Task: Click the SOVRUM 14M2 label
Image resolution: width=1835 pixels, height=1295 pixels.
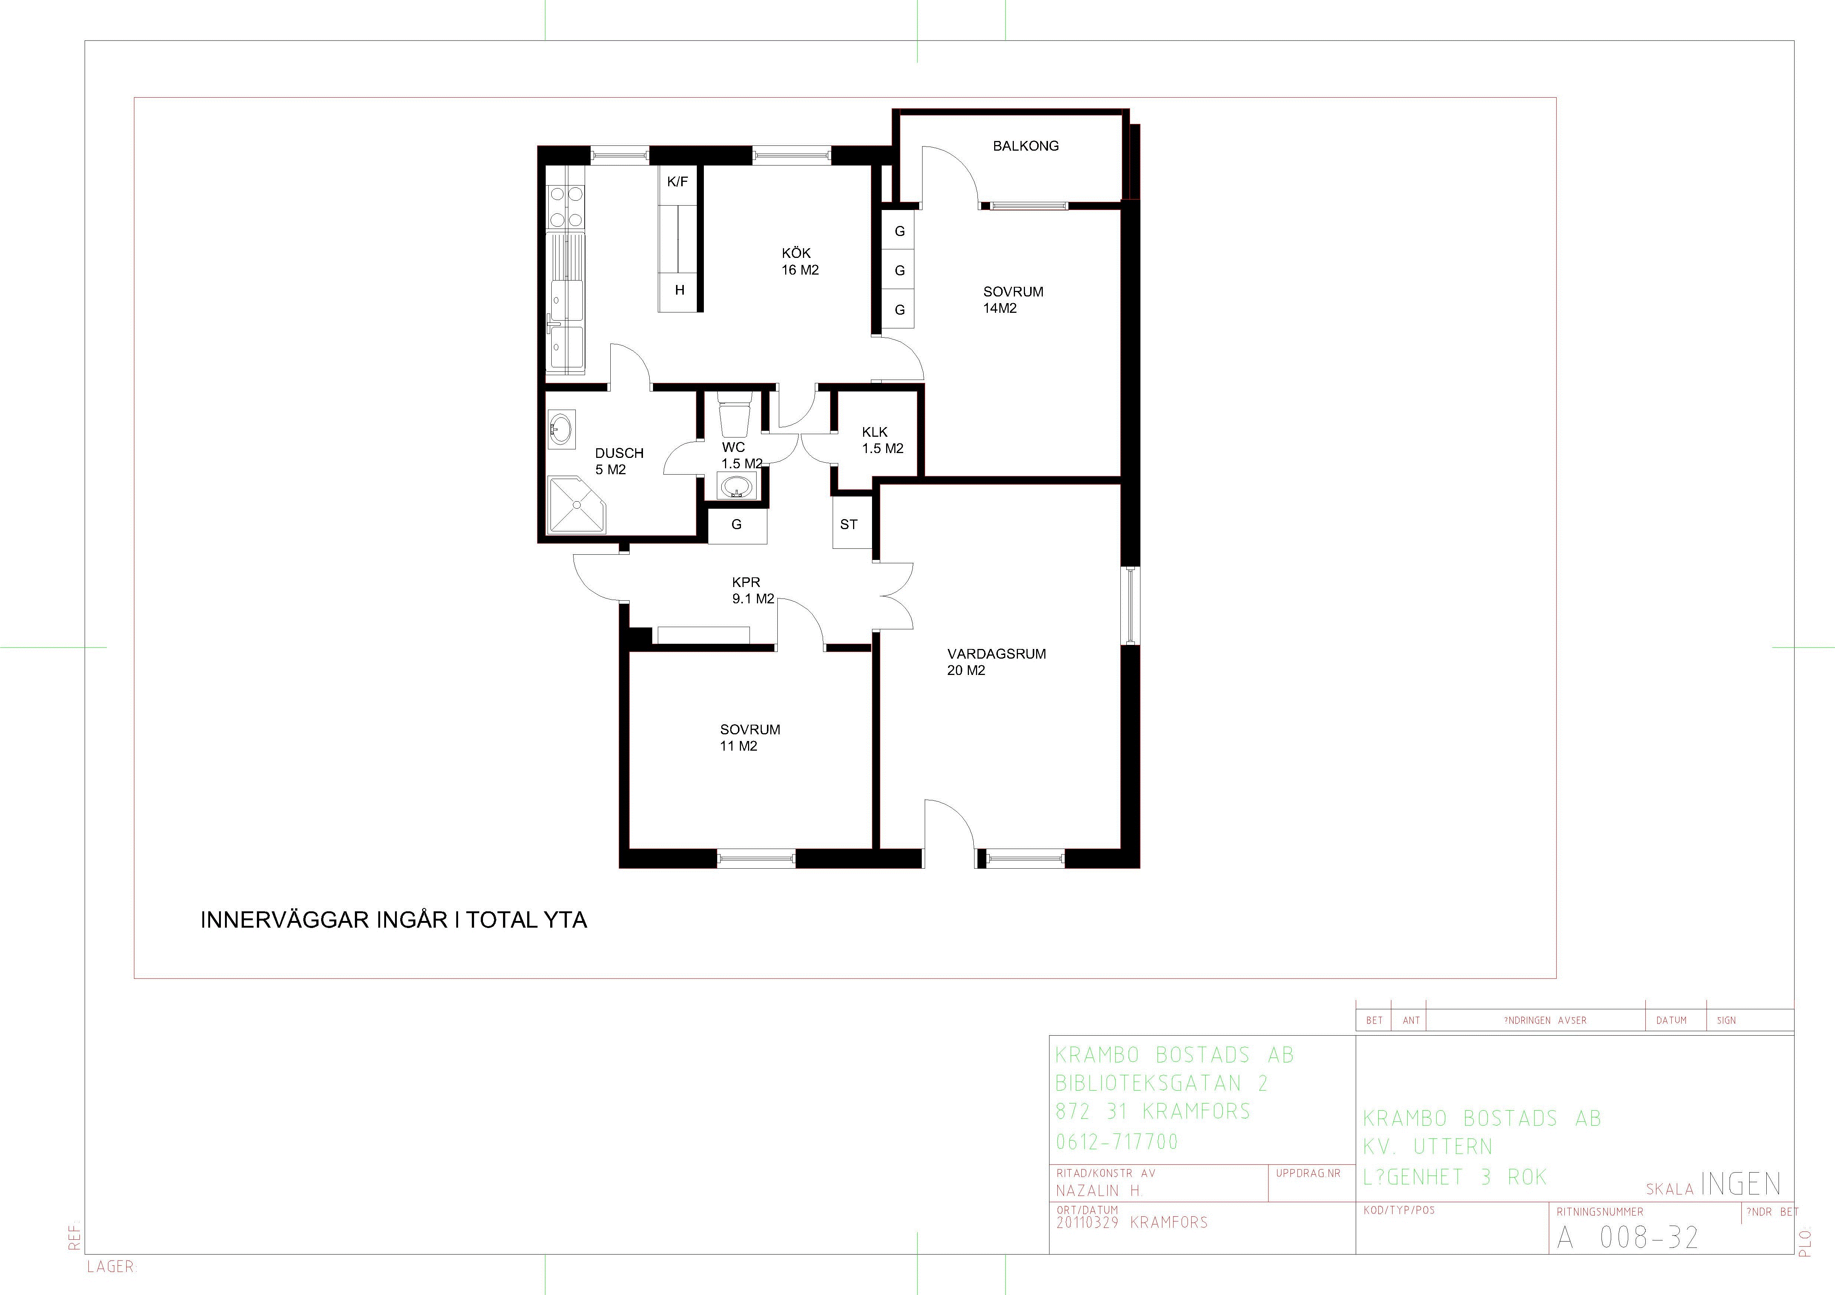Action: pos(1013,299)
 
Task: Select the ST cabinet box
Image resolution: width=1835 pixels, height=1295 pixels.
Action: pos(849,524)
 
